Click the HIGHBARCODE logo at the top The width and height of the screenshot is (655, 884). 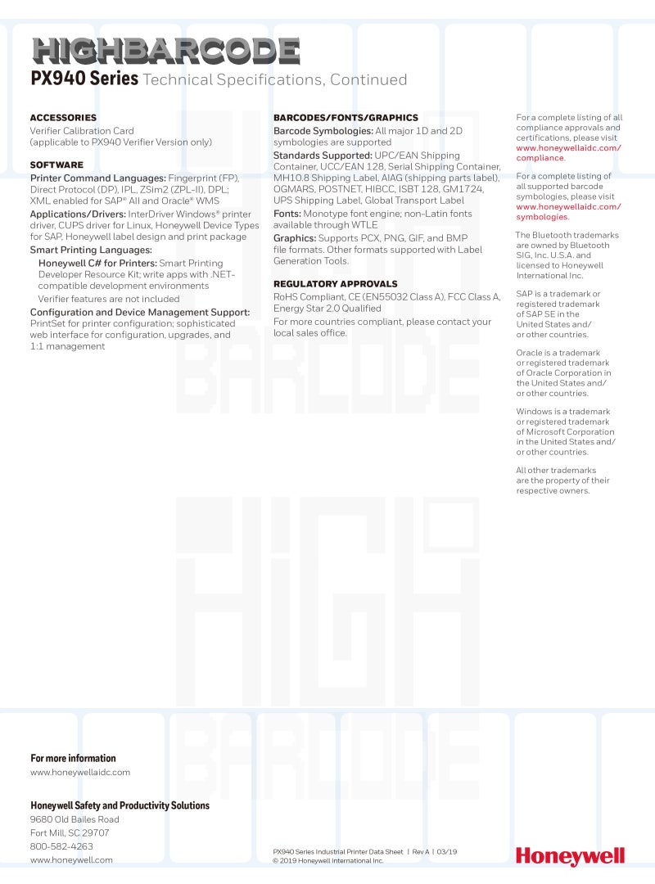[x=165, y=52]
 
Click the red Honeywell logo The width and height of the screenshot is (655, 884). [x=570, y=856]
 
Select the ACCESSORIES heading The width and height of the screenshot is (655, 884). [x=63, y=118]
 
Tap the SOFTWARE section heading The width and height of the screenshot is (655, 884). [x=56, y=165]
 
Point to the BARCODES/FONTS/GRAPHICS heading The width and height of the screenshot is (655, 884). [x=346, y=118]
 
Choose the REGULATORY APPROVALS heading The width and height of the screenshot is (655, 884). [x=335, y=284]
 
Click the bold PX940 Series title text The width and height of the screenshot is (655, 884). [x=84, y=79]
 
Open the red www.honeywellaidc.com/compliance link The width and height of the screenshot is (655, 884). [x=567, y=153]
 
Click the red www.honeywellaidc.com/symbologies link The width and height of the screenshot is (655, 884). [x=567, y=212]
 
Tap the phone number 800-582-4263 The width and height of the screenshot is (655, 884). [x=61, y=846]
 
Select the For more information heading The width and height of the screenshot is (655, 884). [x=73, y=759]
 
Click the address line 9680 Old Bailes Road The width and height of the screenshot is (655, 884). [x=75, y=819]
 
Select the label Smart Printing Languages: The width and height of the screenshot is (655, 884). [x=91, y=250]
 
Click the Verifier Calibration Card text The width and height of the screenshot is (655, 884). [x=82, y=131]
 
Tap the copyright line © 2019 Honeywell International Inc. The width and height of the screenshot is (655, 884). [x=327, y=861]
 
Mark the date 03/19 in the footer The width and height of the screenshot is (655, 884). [x=447, y=852]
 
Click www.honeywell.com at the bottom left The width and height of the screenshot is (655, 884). [x=71, y=860]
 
